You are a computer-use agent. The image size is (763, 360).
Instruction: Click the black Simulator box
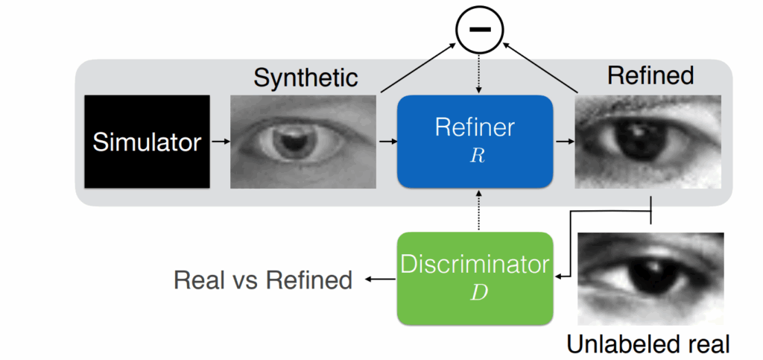(147, 141)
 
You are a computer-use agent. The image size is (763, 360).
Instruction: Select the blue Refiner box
(475, 141)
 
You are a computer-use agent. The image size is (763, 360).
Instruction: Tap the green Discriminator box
(475, 277)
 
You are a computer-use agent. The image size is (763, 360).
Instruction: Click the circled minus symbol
(480, 29)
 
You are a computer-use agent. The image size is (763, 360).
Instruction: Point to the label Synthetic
(305, 78)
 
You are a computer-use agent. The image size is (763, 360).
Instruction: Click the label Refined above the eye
(650, 75)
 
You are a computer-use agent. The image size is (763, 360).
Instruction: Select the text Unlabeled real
(648, 344)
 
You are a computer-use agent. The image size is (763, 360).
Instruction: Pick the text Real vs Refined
(262, 280)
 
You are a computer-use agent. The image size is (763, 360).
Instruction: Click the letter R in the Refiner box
(475, 155)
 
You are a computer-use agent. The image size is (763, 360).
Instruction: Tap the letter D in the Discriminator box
(475, 291)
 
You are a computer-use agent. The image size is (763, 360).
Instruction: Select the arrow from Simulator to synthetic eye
(220, 141)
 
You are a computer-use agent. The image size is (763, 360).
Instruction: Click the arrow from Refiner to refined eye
(563, 141)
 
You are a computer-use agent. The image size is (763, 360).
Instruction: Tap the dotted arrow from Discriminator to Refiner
(475, 210)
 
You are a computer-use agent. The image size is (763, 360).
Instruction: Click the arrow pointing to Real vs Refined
(378, 280)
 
